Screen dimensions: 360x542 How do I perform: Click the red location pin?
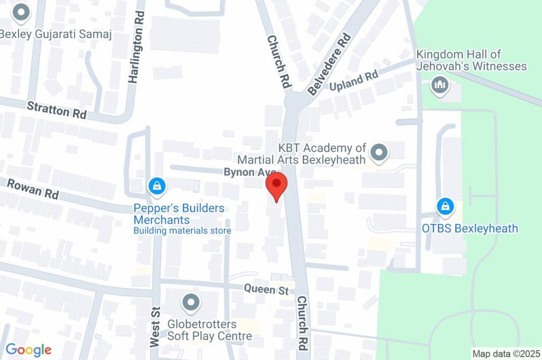tap(276, 186)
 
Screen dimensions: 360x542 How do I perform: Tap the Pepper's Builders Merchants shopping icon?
tap(157, 186)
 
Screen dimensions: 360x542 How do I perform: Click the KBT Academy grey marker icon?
tap(379, 154)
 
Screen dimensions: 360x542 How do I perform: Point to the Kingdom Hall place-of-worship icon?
tap(440, 85)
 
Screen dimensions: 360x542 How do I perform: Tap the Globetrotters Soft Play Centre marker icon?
tap(191, 303)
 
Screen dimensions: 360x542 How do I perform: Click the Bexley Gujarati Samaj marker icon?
tap(21, 12)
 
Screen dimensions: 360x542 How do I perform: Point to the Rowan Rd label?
tap(32, 189)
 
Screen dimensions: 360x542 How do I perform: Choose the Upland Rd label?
tap(354, 79)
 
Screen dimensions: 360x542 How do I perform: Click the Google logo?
tap(29, 349)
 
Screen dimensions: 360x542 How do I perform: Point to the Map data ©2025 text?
tap(506, 354)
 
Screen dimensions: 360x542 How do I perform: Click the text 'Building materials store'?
tap(182, 231)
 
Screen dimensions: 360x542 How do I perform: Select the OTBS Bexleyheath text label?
tap(469, 229)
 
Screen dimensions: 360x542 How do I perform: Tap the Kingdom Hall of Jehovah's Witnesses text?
tap(471, 60)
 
